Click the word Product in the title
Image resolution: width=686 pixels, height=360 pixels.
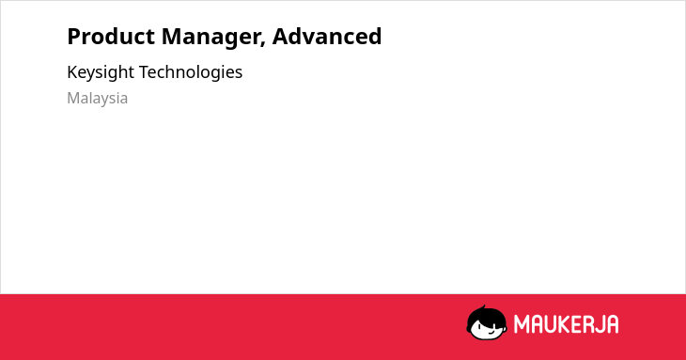point(111,37)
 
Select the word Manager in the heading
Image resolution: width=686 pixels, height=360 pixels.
point(213,38)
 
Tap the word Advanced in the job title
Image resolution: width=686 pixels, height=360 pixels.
point(327,36)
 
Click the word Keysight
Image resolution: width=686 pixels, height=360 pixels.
point(101,72)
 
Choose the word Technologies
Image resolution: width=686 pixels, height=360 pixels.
point(191,72)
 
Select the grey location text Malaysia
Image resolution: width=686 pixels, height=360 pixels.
point(97,99)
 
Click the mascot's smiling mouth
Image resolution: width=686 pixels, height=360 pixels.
point(491,332)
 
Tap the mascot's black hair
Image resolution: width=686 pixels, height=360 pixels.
point(486,316)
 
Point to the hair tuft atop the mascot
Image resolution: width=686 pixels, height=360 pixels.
point(483,307)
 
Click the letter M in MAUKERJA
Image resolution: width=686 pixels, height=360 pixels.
point(522,324)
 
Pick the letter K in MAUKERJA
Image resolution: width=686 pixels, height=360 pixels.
point(565,324)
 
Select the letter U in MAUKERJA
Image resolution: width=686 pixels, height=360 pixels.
point(550,324)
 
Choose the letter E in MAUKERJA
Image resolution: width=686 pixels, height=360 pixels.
point(575,324)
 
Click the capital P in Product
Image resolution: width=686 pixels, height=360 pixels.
point(74,37)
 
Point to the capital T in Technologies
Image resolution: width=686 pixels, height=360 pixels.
point(145,72)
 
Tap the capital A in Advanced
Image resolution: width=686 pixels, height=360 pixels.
point(280,37)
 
